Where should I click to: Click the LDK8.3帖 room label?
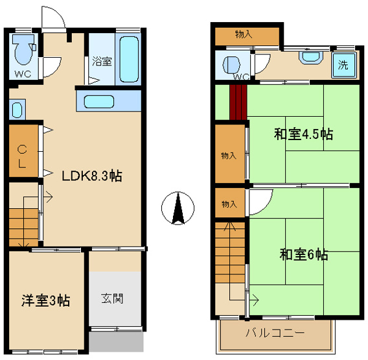pos(92,176)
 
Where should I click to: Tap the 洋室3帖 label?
pos(46,300)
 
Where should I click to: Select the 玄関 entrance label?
pos(112,298)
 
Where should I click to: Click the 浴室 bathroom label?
pos(102,61)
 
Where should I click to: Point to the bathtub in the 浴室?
pos(129,59)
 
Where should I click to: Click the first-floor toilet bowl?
pos(23,49)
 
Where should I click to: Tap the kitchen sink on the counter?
pos(99,102)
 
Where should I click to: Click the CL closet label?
pos(22,156)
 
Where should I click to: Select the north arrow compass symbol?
pos(178,208)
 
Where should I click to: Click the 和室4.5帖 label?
pos(303,134)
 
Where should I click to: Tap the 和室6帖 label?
pos(304,254)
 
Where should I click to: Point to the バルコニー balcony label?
pos(275,333)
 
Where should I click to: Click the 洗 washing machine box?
pos(344,65)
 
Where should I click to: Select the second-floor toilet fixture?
pos(231,65)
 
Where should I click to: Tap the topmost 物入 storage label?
pos(244,34)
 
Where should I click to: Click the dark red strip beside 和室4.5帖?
pos(238,102)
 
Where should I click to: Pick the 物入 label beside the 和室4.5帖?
pos(229,156)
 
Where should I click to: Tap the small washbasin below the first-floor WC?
pos(17,110)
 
